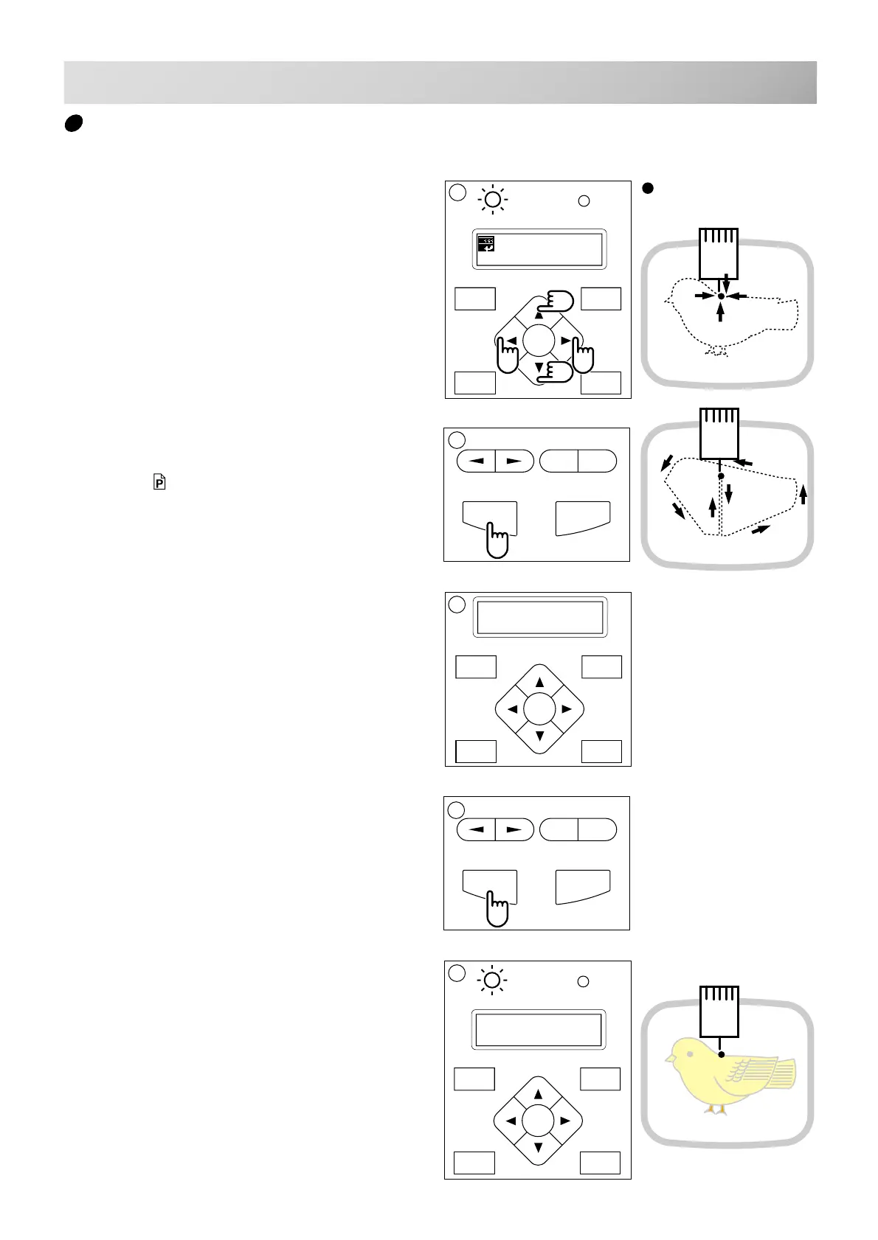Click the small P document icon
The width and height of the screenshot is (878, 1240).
pos(159,482)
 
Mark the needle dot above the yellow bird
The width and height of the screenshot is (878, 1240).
pos(721,1055)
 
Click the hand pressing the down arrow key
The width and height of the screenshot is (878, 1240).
pos(556,372)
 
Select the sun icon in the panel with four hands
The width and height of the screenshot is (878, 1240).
pos(493,200)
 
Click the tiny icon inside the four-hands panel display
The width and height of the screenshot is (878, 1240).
pos(485,244)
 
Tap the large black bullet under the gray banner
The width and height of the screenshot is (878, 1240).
pos(72,123)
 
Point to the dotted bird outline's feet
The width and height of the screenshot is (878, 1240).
pos(715,352)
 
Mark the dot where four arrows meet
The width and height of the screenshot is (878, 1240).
pos(721,296)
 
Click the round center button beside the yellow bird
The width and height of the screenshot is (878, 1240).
pos(538,1121)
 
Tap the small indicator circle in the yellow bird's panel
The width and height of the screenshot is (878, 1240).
pos(583,981)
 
